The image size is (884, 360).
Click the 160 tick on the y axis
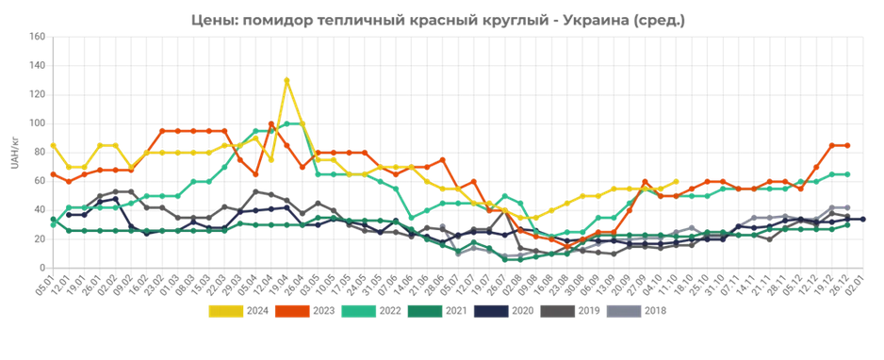pyautogui.click(x=38, y=38)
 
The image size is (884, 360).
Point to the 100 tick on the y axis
pyautogui.click(x=38, y=123)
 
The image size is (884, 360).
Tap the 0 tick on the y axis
pyautogui.click(x=42, y=268)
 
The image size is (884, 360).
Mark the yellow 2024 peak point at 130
pyautogui.click(x=286, y=81)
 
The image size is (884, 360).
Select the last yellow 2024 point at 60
pyautogui.click(x=676, y=182)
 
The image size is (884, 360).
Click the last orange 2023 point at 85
pyautogui.click(x=847, y=145)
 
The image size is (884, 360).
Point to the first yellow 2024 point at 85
pyautogui.click(x=53, y=145)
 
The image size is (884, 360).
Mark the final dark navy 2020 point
pyautogui.click(x=862, y=220)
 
